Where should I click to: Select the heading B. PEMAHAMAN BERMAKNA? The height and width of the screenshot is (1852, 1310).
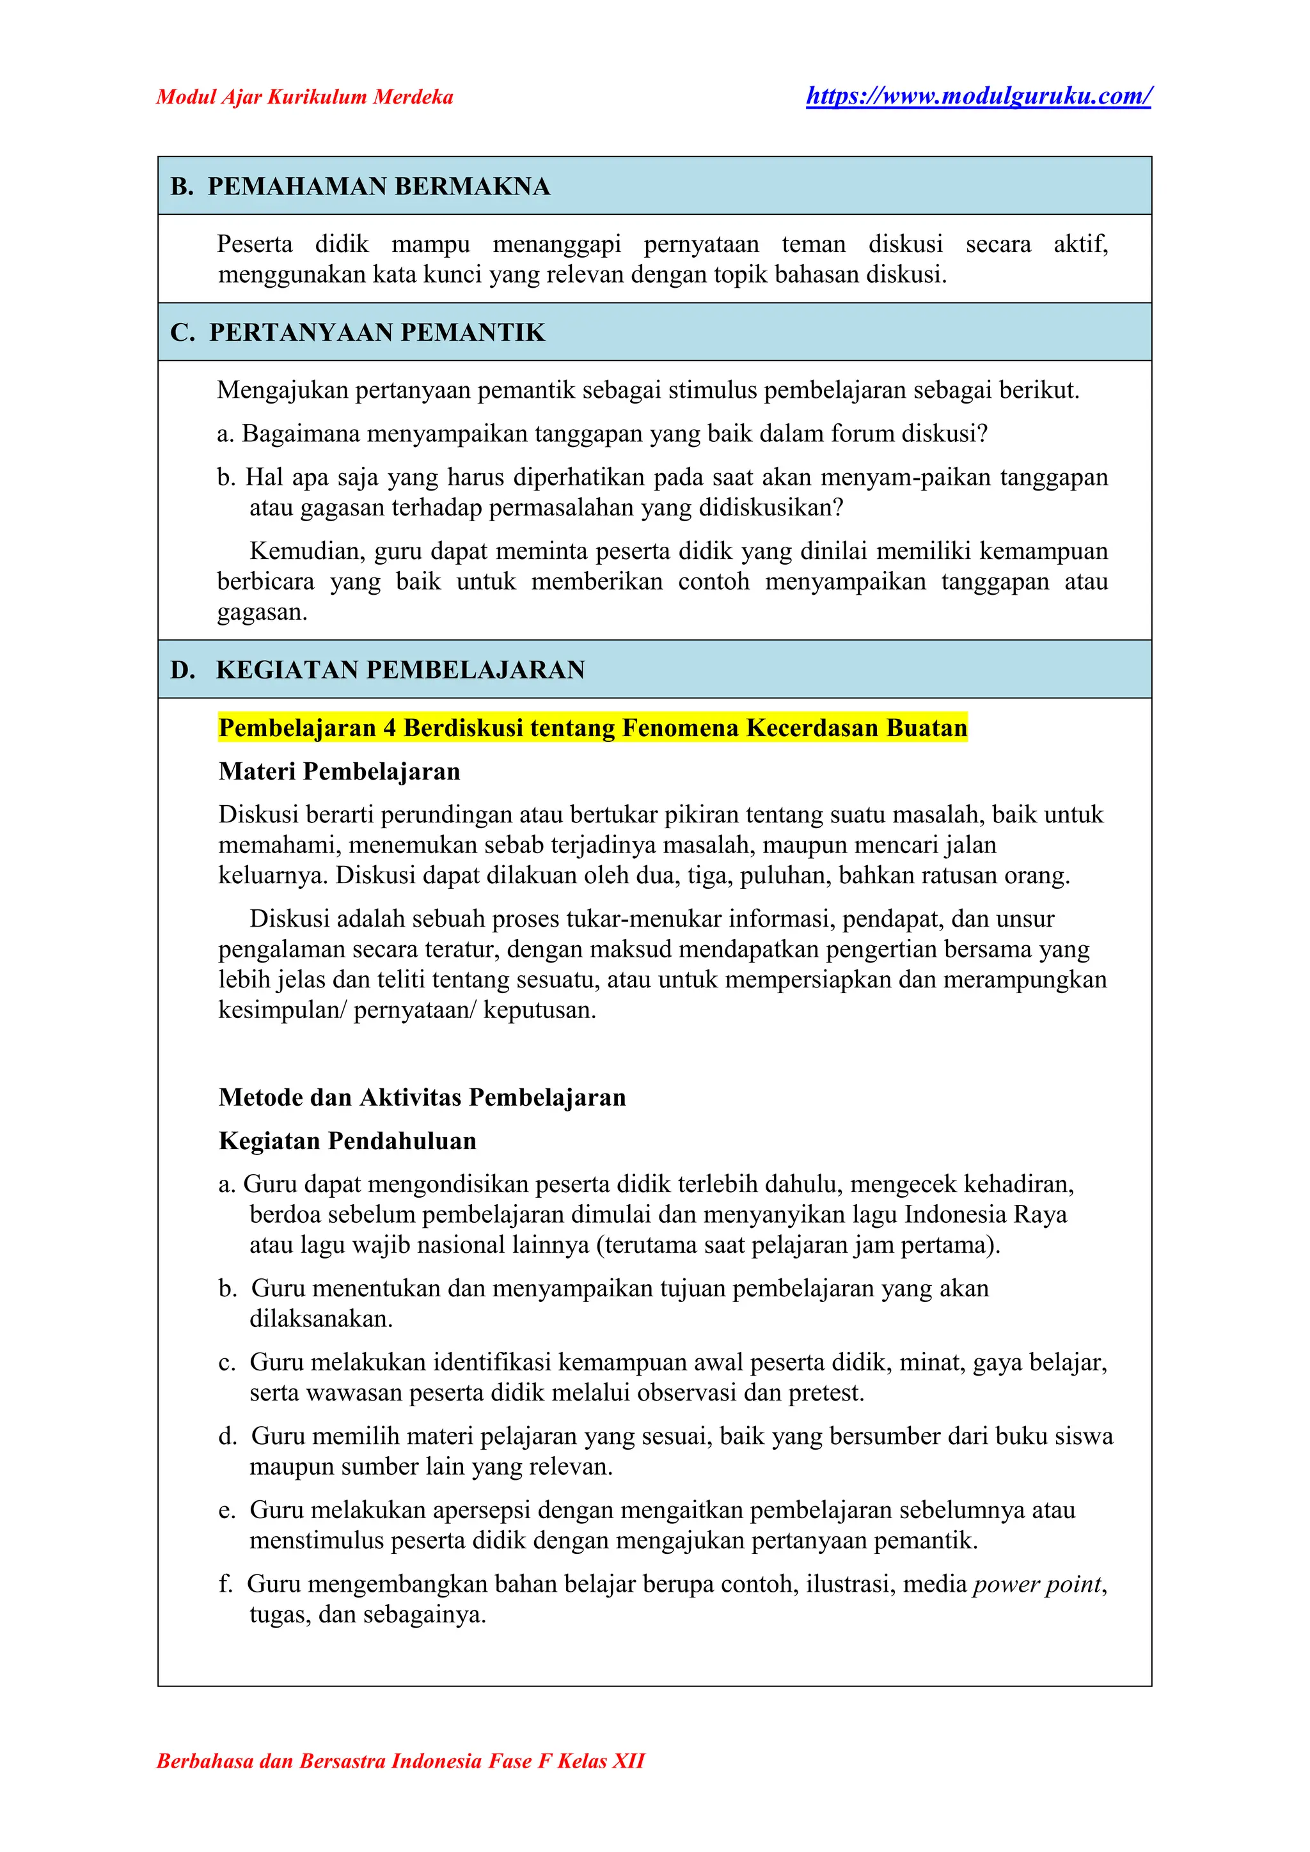point(359,186)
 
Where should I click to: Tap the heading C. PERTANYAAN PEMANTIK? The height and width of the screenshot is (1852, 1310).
point(358,333)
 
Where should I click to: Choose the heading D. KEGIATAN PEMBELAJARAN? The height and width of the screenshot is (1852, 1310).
point(377,670)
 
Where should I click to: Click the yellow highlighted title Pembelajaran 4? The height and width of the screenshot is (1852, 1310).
point(592,728)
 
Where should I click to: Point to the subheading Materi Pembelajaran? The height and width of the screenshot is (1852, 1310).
point(339,771)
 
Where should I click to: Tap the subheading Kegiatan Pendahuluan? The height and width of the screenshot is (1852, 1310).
point(347,1141)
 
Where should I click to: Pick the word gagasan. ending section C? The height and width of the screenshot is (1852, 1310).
point(262,612)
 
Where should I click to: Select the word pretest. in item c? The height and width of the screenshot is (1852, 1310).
point(826,1392)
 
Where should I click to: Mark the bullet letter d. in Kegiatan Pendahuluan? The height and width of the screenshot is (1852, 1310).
point(228,1436)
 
